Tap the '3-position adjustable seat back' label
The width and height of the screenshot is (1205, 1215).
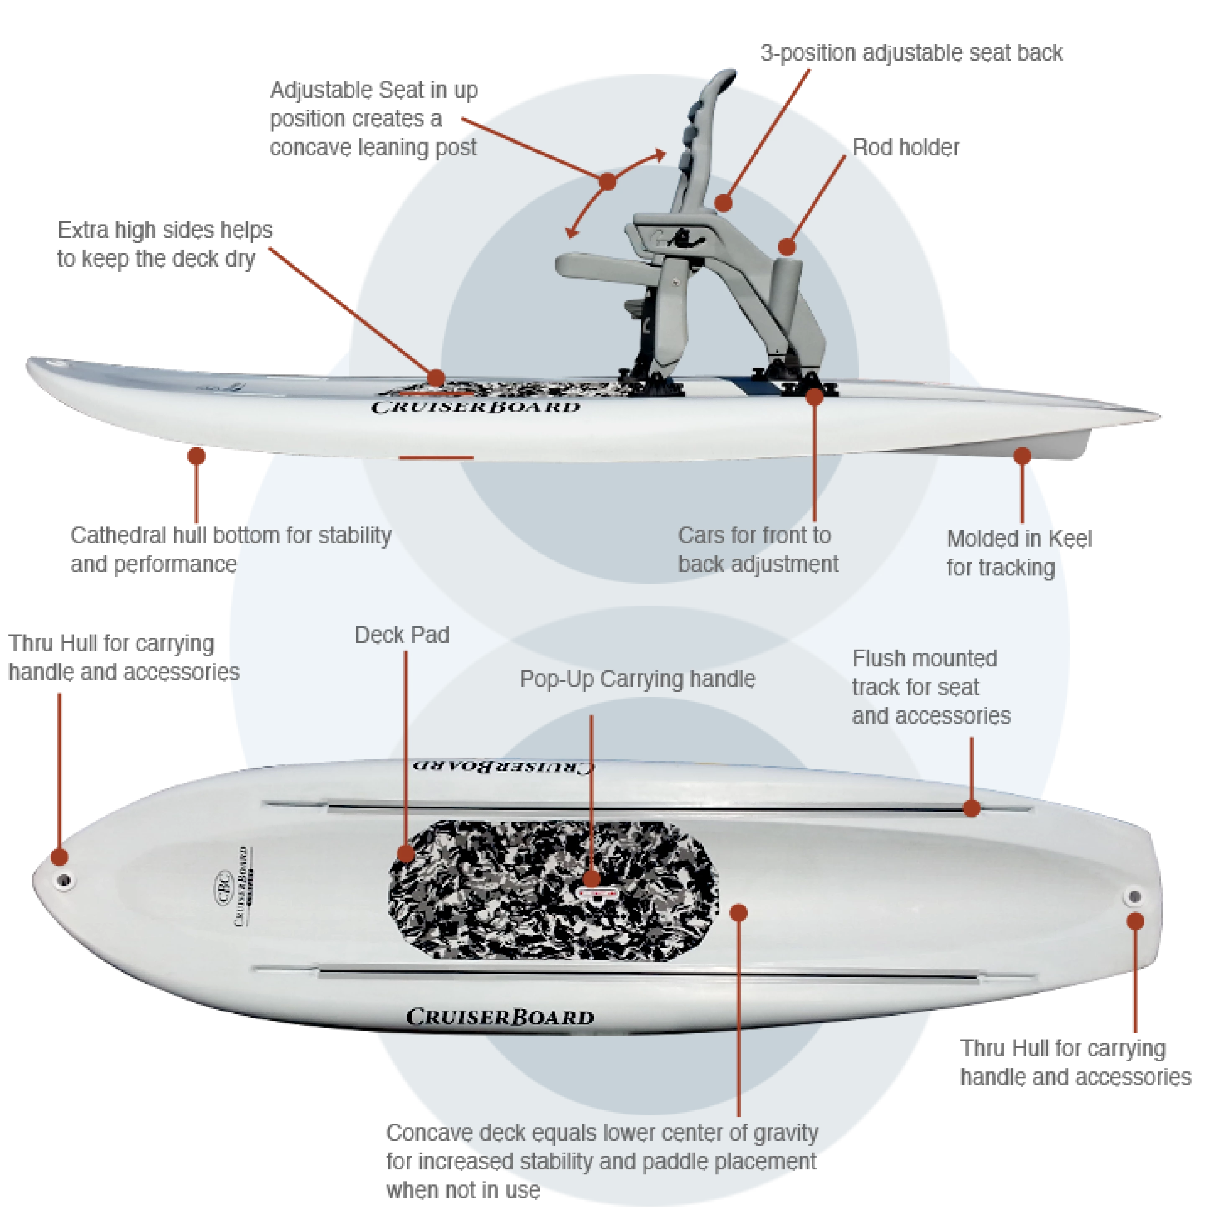(911, 53)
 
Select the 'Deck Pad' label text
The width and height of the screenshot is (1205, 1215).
(402, 635)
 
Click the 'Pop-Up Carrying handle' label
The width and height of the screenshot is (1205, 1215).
(637, 679)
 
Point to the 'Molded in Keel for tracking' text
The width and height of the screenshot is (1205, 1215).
(1019, 553)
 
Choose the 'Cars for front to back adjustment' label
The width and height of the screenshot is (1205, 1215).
(757, 550)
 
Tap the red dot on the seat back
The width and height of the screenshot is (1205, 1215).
(723, 202)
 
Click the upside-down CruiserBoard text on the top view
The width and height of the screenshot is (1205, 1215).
(503, 766)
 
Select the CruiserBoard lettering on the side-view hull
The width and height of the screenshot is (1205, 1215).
(475, 407)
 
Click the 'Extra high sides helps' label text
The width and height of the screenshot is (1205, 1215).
(165, 230)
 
